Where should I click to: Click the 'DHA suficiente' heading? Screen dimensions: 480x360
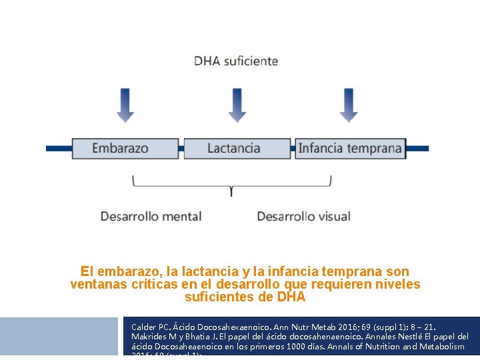236,61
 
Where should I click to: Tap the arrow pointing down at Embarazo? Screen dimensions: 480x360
125,105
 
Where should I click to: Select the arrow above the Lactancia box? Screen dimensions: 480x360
237,105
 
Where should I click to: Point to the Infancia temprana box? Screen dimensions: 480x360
350,148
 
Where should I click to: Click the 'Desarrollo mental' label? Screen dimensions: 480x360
151,216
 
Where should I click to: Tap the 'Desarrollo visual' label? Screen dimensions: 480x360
303,216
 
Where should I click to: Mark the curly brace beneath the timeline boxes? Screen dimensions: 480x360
231,185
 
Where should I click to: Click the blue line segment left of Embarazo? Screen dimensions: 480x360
58,148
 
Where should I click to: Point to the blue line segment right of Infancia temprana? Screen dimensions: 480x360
417,148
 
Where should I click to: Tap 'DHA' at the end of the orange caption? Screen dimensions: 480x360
291,297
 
